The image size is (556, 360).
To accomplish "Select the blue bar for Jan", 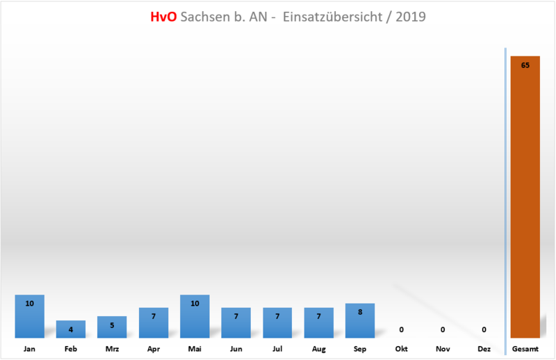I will [29, 317].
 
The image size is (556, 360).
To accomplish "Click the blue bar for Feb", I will [71, 329].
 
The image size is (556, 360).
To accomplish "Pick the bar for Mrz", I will [112, 327].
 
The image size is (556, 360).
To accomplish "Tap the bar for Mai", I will [195, 317].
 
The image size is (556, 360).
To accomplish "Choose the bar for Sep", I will [360, 321].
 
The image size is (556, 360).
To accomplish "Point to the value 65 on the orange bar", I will [525, 65].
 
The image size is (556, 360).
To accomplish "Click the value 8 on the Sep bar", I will [360, 312].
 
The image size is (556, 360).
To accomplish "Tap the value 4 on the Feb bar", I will [71, 329].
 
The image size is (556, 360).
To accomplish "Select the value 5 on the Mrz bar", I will [112, 325].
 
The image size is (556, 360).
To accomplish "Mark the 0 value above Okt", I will [401, 329].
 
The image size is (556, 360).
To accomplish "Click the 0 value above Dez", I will [484, 329].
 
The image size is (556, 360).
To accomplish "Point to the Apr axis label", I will [154, 349].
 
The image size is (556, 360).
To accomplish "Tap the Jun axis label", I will [236, 349].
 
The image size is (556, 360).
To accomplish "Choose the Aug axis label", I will [319, 349].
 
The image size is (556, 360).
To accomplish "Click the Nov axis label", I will [443, 349].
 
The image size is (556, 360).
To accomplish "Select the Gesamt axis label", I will [525, 349].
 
